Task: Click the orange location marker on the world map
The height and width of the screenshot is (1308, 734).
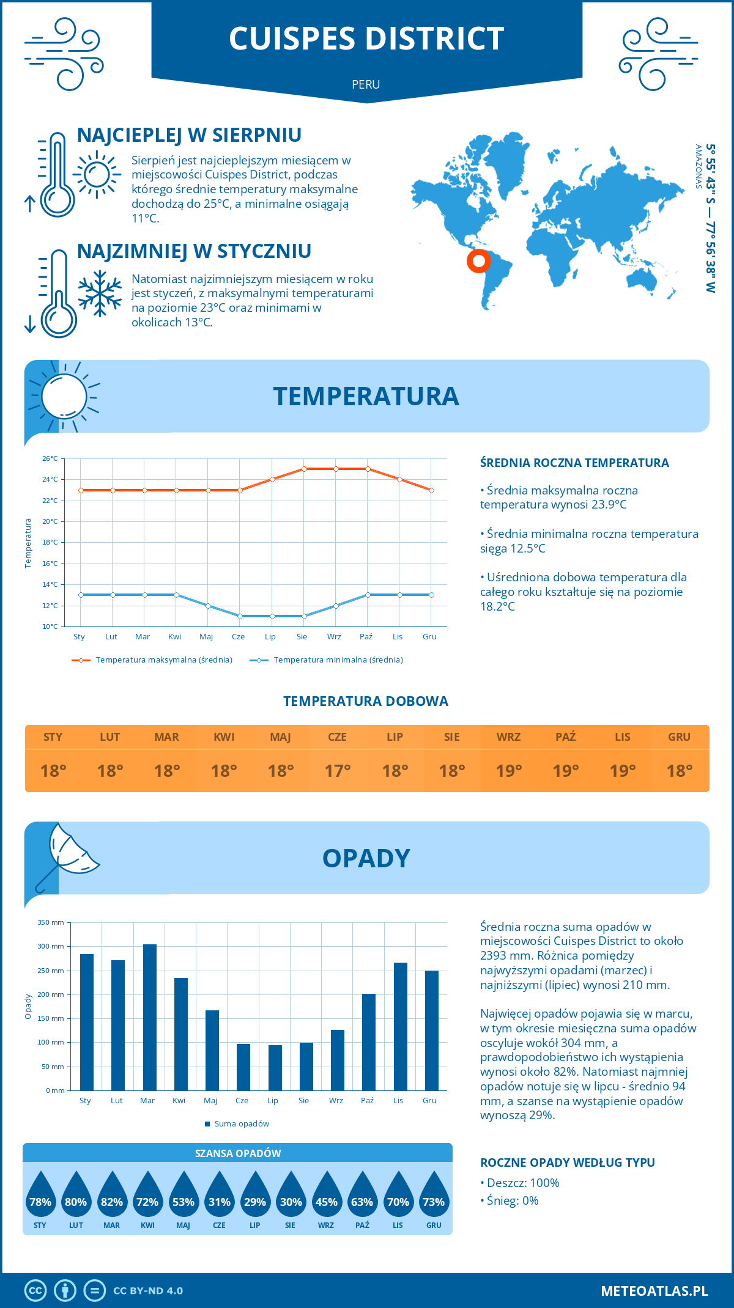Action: click(x=478, y=261)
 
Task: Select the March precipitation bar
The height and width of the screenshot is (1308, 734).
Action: click(x=149, y=1017)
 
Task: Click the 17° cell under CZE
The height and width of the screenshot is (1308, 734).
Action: click(x=338, y=771)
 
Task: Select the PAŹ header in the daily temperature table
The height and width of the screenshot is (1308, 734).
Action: click(x=565, y=737)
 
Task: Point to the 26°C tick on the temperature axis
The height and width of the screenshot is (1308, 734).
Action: click(x=50, y=458)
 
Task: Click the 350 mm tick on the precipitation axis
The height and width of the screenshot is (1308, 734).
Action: click(x=51, y=922)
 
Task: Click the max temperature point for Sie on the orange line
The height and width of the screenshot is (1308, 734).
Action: click(x=304, y=469)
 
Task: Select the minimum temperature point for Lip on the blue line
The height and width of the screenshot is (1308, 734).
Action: click(x=272, y=616)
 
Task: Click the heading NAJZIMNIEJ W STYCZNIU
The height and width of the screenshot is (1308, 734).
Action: click(x=194, y=251)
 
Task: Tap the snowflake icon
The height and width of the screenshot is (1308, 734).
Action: click(x=100, y=293)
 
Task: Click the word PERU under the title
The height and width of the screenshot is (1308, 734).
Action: click(x=366, y=84)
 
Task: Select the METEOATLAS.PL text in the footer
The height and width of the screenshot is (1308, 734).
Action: click(x=654, y=1290)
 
